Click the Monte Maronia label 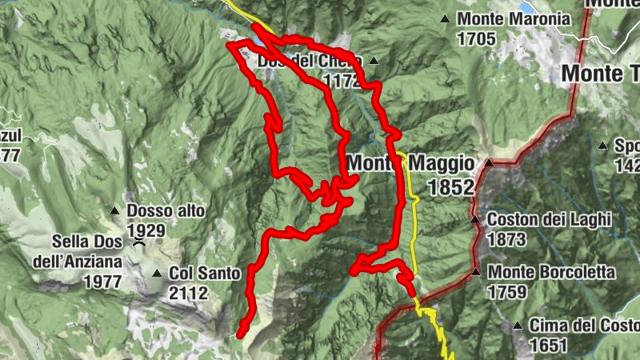(x=513, y=18)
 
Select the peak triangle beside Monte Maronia (x=445, y=18)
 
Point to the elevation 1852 (x=451, y=187)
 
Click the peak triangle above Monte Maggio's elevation (x=489, y=163)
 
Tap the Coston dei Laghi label (x=549, y=219)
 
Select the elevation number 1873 (x=506, y=238)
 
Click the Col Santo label (x=205, y=274)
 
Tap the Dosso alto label (x=166, y=211)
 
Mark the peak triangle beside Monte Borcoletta (x=476, y=272)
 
